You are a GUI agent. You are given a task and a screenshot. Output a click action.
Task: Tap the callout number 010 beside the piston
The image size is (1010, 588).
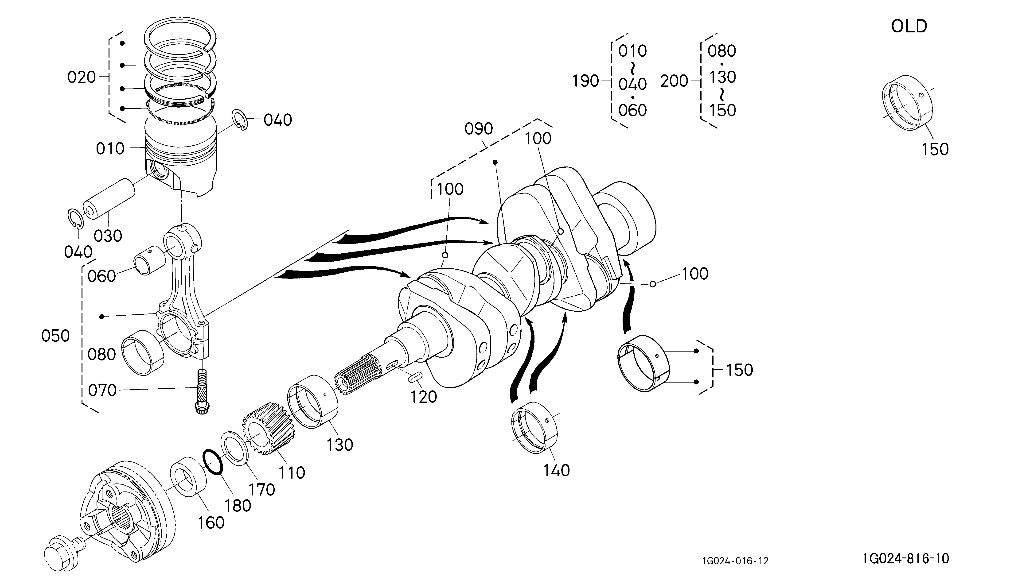point(110,149)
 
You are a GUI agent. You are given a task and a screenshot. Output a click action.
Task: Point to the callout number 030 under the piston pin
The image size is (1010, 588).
point(108,236)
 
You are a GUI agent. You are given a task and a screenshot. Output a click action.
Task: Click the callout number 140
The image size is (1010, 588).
point(556,471)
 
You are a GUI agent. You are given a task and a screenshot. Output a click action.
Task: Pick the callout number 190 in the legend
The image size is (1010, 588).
point(585,81)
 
